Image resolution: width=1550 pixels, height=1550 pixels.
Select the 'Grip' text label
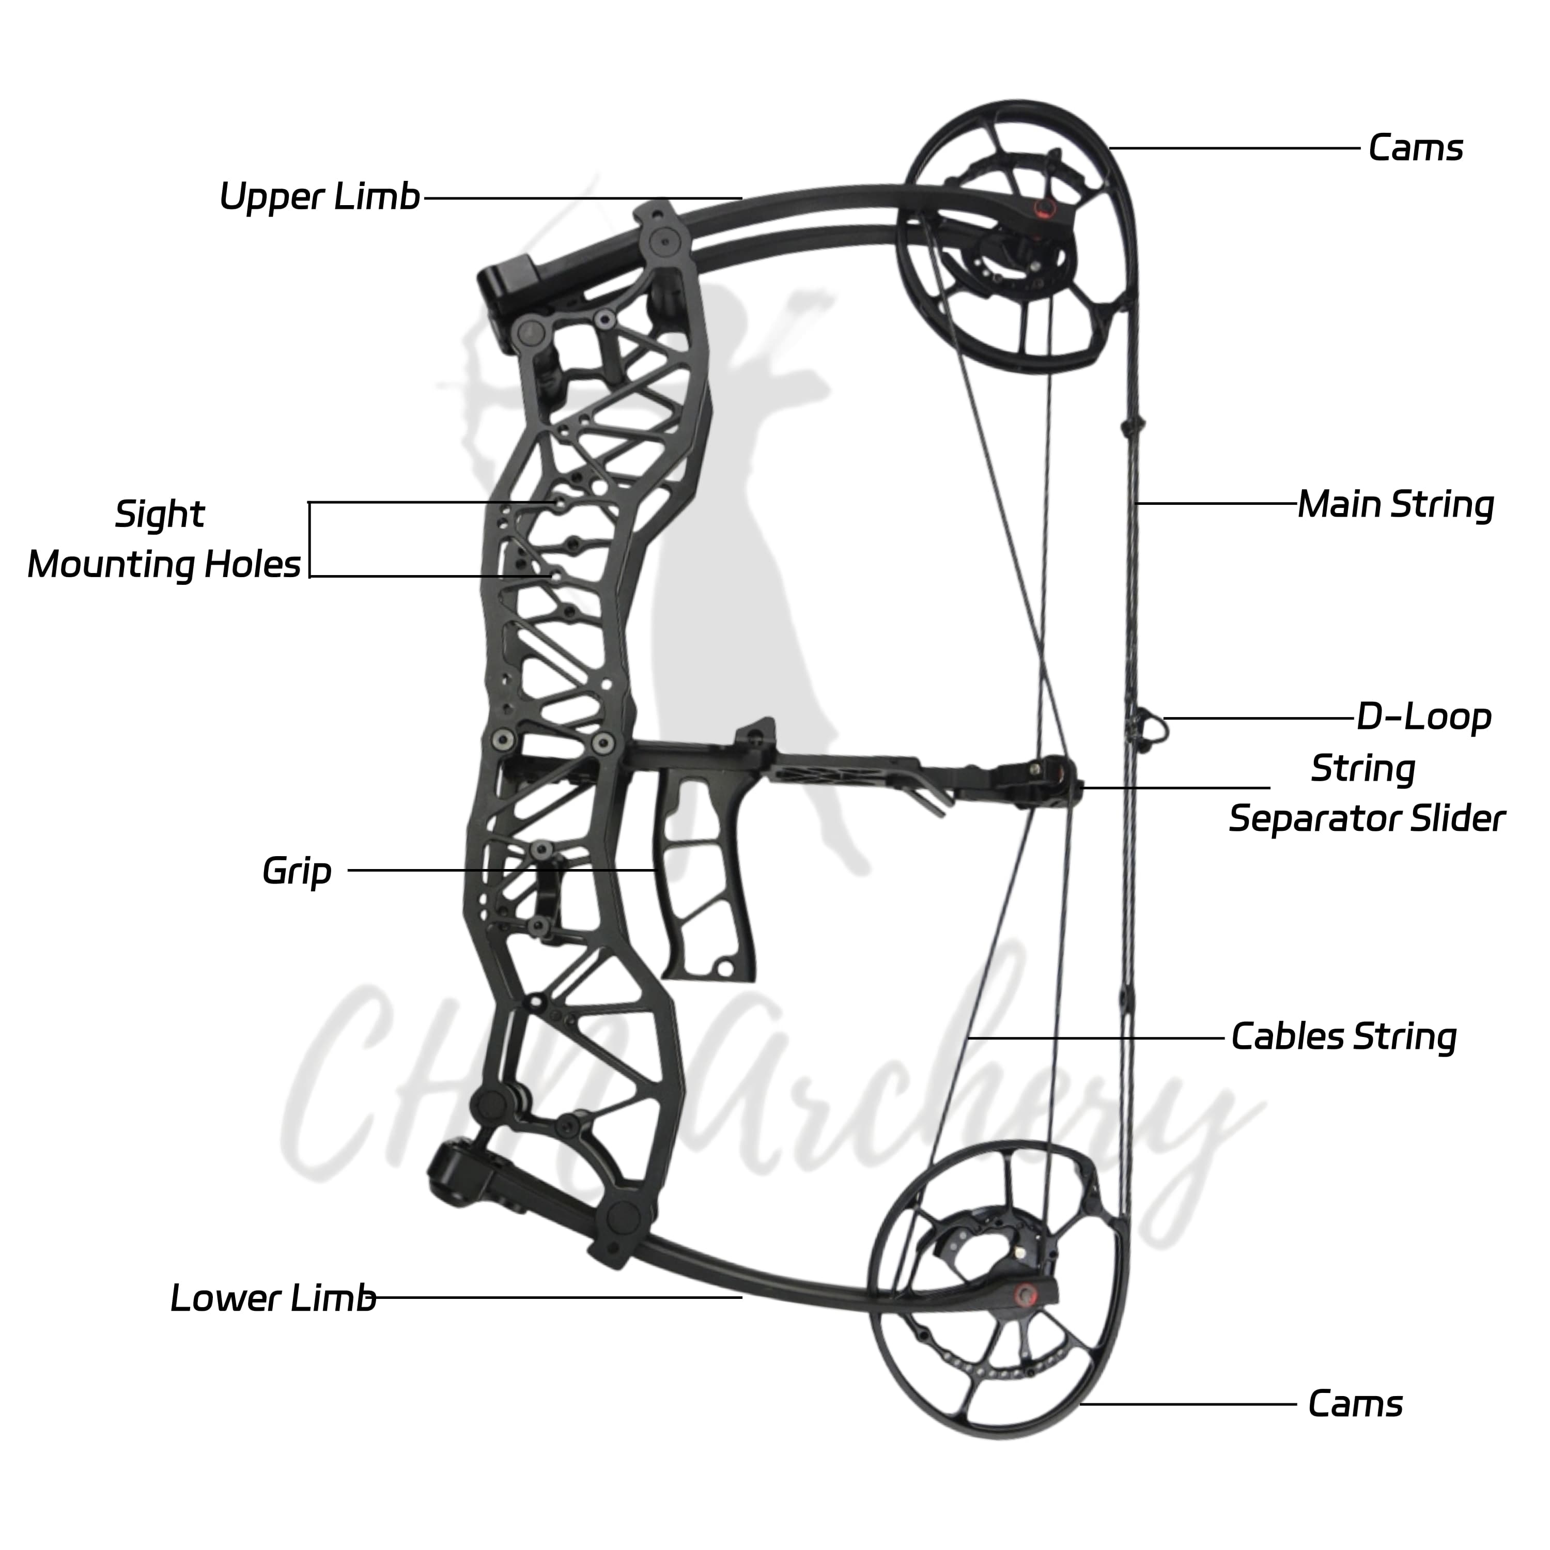pos(297,871)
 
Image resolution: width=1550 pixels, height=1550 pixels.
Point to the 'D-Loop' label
pos(1423,717)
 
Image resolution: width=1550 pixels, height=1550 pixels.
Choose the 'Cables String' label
pos(1344,1036)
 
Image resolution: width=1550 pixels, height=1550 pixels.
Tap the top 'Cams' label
pos(1415,148)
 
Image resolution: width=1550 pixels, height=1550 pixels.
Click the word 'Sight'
pos(160,514)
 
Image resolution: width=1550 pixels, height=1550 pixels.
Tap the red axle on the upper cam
pos(1042,209)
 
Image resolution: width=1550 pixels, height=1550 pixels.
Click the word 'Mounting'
pos(112,565)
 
